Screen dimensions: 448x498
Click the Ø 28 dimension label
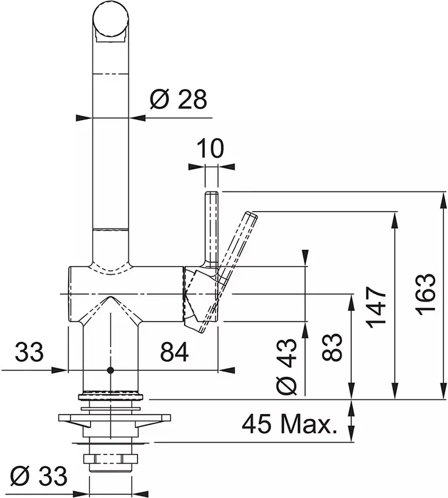point(178,99)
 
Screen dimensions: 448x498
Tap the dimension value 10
point(210,148)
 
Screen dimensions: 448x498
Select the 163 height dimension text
point(425,294)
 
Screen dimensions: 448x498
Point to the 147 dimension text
point(376,307)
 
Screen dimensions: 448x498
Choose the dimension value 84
point(174,352)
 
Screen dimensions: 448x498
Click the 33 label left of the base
point(29,352)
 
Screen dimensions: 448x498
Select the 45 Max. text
point(289,424)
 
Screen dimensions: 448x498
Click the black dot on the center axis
point(110,370)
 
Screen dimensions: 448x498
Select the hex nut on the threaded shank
point(111,459)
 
